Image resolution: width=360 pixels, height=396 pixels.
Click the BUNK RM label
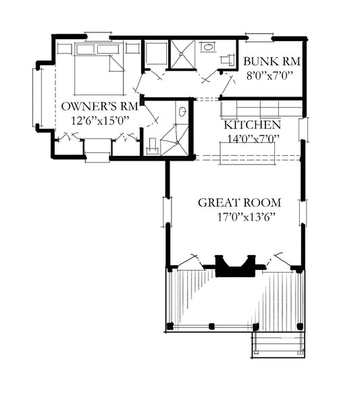272,61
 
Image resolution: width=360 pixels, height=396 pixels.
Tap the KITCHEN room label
253,125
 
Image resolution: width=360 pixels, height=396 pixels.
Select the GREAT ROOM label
239,202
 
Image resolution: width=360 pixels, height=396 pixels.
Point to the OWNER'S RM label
99,107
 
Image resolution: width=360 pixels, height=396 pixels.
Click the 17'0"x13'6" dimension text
247,217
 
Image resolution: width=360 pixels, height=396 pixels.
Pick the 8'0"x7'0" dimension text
269,76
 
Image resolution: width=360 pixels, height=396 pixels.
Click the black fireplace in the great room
235,266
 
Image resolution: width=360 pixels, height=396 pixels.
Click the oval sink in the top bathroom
208,47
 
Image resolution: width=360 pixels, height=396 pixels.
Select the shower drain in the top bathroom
181,54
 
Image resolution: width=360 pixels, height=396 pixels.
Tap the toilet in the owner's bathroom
153,146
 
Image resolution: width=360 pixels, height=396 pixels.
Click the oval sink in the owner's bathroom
182,111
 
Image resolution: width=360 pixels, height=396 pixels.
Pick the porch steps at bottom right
278,344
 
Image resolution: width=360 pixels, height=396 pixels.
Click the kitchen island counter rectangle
247,154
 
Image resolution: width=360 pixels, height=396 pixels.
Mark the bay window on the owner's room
37,97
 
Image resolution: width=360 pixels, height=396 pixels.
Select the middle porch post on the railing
212,327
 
